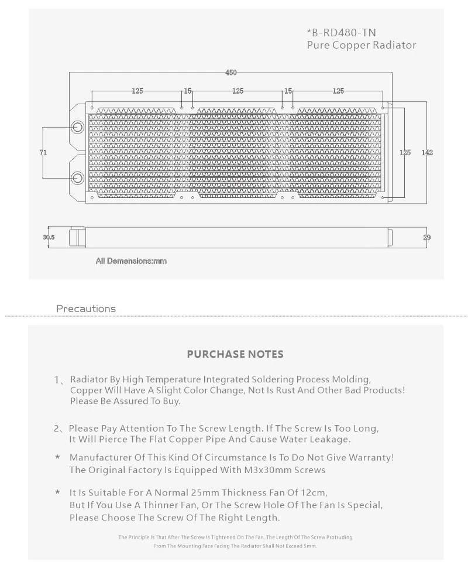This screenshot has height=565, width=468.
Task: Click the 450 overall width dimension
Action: pos(231,73)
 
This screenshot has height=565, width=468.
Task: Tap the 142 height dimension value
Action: pos(427,152)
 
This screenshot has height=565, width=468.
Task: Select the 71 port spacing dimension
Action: pos(43,152)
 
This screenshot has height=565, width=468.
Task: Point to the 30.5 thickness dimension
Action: pos(49,237)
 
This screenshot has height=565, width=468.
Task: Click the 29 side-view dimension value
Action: pos(426,237)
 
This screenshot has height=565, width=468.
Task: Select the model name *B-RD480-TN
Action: pos(342,33)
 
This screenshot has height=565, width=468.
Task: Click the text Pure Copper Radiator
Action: pos(362,45)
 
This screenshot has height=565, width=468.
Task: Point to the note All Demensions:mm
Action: pos(131,261)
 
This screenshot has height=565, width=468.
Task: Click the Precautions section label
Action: pos(86,309)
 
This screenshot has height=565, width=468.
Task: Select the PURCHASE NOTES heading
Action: pos(235,354)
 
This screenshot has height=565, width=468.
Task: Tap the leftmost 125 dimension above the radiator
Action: pos(137,91)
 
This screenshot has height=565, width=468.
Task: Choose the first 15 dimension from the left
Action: pos(187,91)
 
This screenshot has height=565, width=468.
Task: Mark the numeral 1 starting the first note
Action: pos(57,380)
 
